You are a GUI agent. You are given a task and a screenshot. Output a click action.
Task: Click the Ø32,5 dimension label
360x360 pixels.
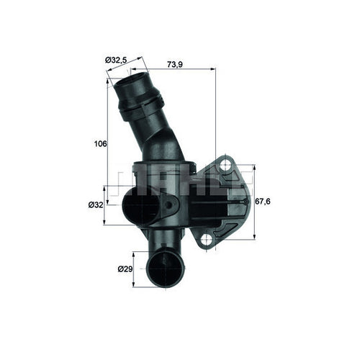pyautogui.click(x=116, y=59)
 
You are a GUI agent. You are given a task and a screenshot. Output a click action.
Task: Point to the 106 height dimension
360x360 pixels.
pyautogui.click(x=101, y=144)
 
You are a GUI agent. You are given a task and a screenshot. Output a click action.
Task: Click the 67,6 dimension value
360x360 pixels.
pyautogui.click(x=264, y=202)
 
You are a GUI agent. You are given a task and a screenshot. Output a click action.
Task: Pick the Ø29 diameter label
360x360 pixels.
pyautogui.click(x=125, y=269)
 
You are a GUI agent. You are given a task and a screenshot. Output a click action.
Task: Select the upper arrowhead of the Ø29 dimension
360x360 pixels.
pyautogui.click(x=133, y=254)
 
